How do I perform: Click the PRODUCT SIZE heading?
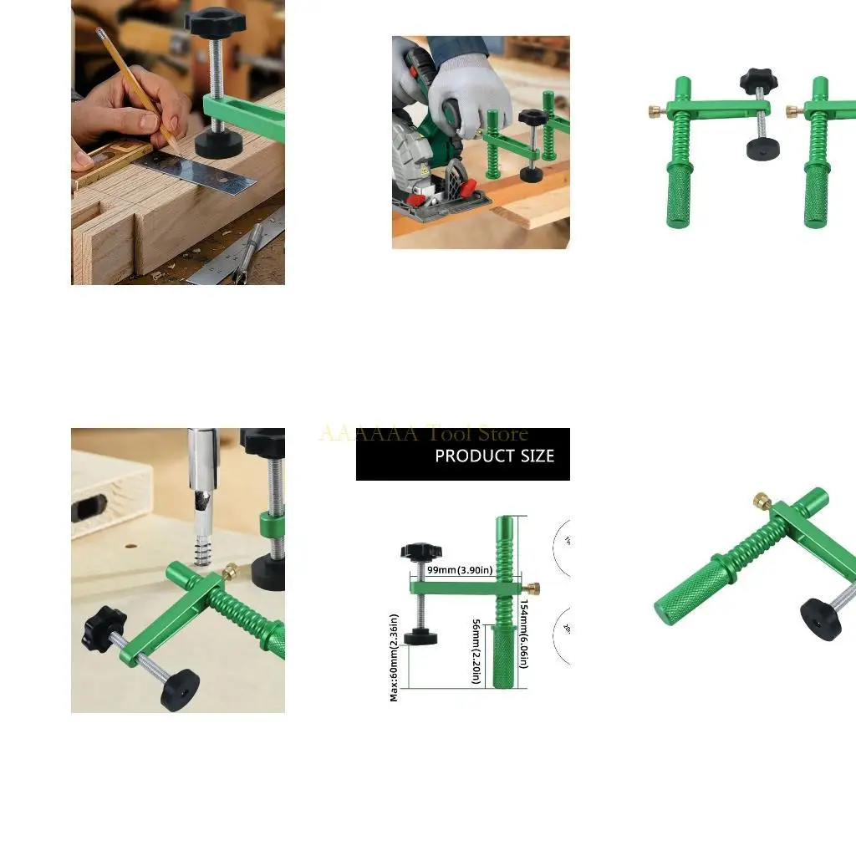(494, 456)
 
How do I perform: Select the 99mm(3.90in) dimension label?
(460, 570)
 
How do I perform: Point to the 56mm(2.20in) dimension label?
(476, 651)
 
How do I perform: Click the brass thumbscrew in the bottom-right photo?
(762, 501)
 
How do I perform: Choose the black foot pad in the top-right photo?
(762, 148)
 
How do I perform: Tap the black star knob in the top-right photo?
(758, 81)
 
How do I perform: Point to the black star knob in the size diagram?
(420, 551)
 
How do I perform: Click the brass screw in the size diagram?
(533, 588)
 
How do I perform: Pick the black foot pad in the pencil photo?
(219, 143)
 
